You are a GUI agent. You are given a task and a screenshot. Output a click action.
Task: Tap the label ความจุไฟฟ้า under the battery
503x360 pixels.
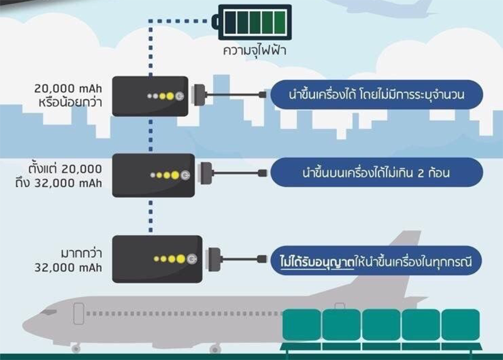[x=255, y=51]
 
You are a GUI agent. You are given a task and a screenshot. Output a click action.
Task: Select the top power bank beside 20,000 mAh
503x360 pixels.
[x=150, y=96]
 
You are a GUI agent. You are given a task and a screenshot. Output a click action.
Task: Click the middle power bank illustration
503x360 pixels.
[x=153, y=175]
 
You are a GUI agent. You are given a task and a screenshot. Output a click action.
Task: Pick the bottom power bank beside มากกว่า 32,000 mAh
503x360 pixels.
[x=157, y=259]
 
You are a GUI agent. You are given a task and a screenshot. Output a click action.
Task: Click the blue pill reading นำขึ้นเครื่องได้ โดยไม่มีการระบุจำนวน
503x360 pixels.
[x=377, y=95]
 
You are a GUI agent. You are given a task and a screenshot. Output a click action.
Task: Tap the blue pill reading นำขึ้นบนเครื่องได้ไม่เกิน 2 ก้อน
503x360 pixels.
[x=377, y=172]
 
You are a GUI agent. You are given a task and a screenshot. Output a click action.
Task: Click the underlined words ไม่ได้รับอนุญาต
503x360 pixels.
[x=317, y=262]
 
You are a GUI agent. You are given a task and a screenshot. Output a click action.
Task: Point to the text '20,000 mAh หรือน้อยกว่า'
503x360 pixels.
[x=69, y=96]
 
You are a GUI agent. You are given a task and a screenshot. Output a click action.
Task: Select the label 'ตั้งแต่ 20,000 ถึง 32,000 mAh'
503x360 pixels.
[x=58, y=176]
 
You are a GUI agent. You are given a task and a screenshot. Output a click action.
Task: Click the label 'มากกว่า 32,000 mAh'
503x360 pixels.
[x=69, y=261]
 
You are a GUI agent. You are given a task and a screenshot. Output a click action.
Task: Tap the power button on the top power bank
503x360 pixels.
[x=179, y=96]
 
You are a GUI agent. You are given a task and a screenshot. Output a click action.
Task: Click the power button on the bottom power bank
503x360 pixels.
[x=192, y=259]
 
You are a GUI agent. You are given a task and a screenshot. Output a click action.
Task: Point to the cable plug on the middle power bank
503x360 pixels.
[x=206, y=173]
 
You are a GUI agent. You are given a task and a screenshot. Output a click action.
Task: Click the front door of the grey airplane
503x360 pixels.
[x=79, y=313]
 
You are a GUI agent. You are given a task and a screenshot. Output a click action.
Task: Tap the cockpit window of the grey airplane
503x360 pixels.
[x=48, y=312]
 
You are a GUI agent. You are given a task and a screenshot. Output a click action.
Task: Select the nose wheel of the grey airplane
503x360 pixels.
[x=76, y=349]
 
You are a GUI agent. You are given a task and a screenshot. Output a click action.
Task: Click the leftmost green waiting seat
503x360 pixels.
[x=302, y=324]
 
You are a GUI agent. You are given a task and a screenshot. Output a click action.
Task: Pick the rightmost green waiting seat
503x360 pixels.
[x=461, y=324]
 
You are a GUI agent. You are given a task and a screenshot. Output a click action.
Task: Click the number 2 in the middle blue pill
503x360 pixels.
[x=421, y=174]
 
